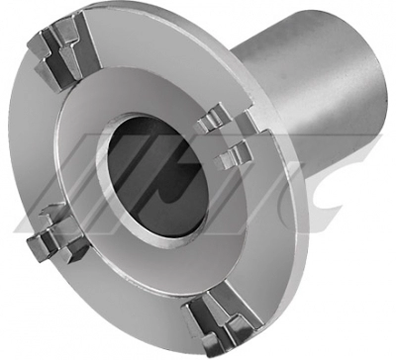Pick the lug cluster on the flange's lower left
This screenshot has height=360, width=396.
[x=57, y=235]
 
